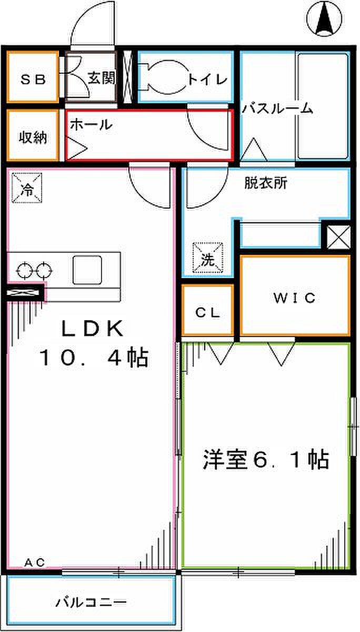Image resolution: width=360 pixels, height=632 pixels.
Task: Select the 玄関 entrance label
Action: tap(101, 78)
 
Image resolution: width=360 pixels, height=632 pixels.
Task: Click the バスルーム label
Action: tap(278, 109)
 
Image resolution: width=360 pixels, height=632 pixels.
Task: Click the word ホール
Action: tap(91, 125)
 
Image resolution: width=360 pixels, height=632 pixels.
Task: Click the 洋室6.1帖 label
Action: tap(266, 459)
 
